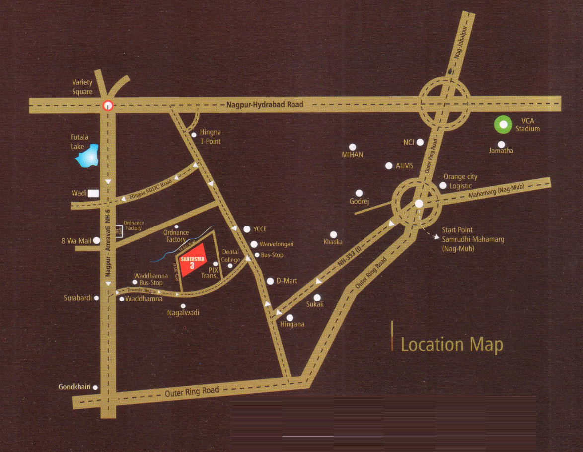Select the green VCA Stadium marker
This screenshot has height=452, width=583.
click(504, 125)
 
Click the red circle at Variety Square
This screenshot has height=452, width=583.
click(108, 105)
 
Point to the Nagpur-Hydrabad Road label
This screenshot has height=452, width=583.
click(265, 105)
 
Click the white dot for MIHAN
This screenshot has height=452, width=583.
click(353, 147)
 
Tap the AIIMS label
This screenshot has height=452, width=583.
click(405, 166)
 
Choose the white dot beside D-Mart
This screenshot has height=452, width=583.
click(270, 281)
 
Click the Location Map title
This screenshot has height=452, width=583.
click(451, 344)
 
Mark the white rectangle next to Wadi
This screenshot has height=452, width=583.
click(93, 194)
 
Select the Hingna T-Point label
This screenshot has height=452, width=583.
click(210, 137)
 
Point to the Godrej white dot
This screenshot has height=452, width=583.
click(359, 193)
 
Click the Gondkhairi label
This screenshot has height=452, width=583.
click(74, 387)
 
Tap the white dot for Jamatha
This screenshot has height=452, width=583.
click(501, 144)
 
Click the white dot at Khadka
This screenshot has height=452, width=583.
click(333, 234)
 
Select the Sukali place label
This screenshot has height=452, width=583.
click(315, 304)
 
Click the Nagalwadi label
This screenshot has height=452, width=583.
click(183, 313)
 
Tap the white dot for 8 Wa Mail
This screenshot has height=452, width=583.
click(96, 240)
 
